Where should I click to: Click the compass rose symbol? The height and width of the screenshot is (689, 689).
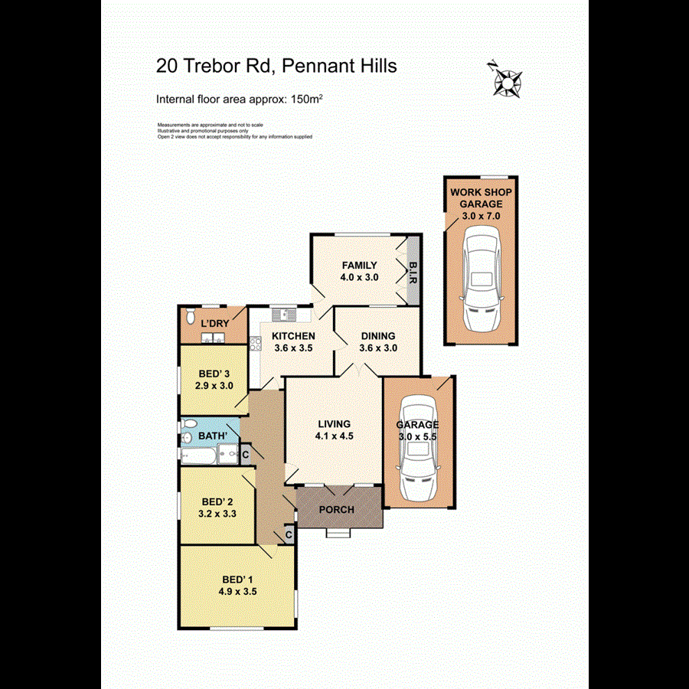tap(505, 78)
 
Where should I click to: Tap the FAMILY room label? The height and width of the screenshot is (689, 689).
tap(359, 266)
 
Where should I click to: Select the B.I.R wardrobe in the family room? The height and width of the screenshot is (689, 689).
tap(412, 272)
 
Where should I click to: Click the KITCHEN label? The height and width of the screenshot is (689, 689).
tap(295, 336)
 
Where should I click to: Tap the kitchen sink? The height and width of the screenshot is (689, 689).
tap(283, 313)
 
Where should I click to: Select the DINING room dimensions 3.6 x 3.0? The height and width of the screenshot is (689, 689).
tap(378, 348)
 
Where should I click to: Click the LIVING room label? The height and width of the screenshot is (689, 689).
tap(333, 423)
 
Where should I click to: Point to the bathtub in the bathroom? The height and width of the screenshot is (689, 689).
tap(197, 456)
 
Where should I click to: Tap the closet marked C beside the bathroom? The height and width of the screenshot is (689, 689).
tap(245, 453)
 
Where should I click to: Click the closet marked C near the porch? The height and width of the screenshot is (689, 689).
tap(289, 534)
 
